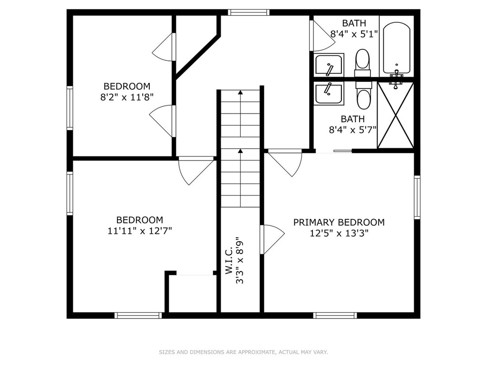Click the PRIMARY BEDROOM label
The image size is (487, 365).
(x=339, y=222)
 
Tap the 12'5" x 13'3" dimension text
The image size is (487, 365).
(x=339, y=233)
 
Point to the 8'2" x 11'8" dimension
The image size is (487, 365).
(x=127, y=97)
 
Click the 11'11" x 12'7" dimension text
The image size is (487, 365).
(x=139, y=231)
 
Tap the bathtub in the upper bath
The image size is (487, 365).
(x=396, y=48)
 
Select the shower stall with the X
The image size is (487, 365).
(x=395, y=115)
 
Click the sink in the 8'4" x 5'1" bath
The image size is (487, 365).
(x=329, y=65)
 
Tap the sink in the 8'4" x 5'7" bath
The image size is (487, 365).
(x=329, y=94)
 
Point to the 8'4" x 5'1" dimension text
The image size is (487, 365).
(x=354, y=34)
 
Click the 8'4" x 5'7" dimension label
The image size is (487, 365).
(x=352, y=129)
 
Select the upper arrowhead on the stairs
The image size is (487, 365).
(x=240, y=92)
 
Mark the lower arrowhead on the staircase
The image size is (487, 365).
(x=240, y=151)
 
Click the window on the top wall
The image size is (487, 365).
(x=248, y=12)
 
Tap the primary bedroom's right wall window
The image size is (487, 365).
(x=417, y=197)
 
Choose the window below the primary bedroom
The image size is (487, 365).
(x=335, y=316)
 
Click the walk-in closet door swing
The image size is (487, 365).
(x=273, y=240)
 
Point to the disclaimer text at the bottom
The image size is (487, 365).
(x=243, y=352)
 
